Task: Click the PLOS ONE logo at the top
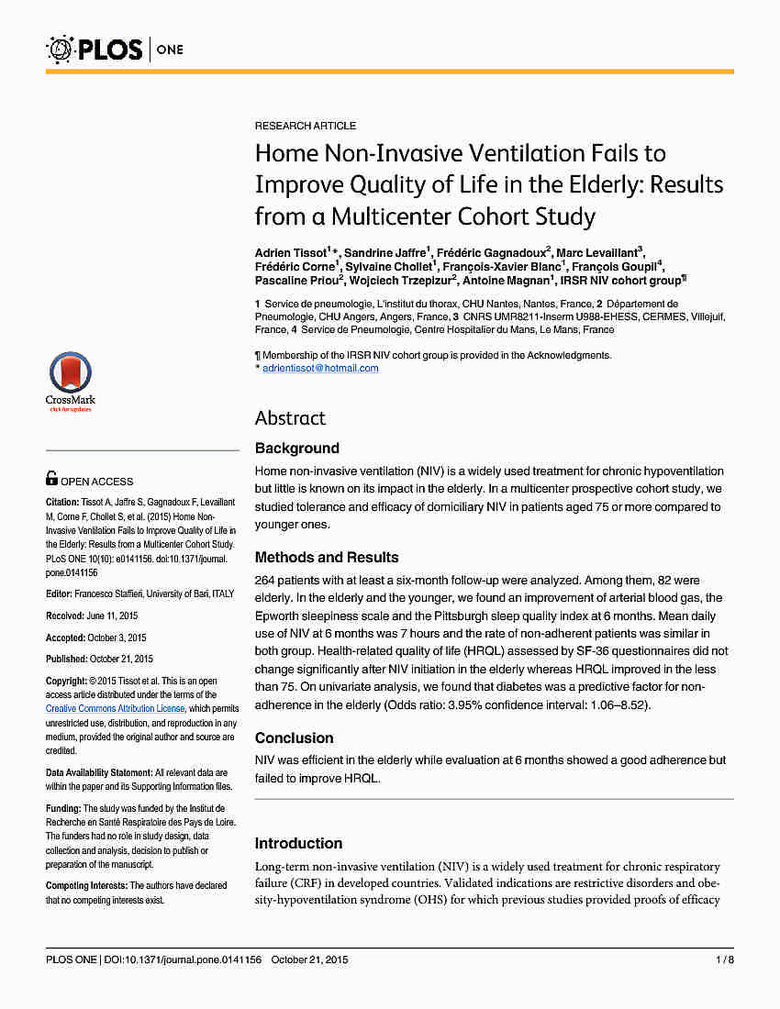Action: [115, 49]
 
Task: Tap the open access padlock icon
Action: [52, 479]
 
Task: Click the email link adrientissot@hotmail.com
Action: [320, 368]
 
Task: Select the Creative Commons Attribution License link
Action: [117, 708]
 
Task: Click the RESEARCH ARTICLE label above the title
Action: [306, 126]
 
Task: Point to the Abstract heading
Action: [290, 418]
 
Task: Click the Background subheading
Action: [296, 449]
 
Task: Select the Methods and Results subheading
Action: [327, 558]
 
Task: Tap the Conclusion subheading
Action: [294, 738]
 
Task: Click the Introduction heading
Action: [298, 844]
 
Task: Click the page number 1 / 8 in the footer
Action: [724, 960]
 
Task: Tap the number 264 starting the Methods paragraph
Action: [265, 580]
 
